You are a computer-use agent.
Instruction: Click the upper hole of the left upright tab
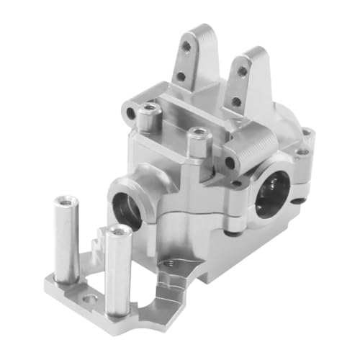186,45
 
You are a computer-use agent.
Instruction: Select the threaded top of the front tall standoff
117,233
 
